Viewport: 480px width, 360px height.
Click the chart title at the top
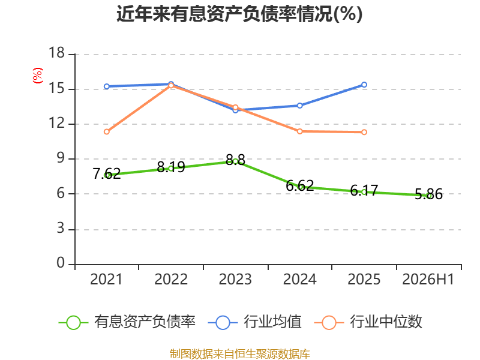coord(239,14)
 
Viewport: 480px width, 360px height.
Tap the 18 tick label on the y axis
coord(56,53)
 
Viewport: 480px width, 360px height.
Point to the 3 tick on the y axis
coord(61,229)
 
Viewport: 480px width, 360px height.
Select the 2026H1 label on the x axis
coord(428,279)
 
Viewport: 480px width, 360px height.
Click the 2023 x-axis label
coord(235,279)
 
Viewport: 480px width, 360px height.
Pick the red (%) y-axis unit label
coord(38,76)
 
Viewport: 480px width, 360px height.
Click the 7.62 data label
coord(107,173)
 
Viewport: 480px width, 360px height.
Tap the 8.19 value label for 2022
coord(171,167)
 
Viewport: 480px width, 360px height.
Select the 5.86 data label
coord(428,194)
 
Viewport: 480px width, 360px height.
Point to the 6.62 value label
coord(299,185)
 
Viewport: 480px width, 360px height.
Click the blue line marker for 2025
coord(364,85)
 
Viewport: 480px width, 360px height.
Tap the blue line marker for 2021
coord(107,86)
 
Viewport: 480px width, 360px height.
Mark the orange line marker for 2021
coord(107,131)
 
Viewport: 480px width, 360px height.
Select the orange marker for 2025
coord(364,132)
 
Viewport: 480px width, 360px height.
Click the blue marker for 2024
coord(299,106)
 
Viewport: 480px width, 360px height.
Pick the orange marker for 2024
coord(299,131)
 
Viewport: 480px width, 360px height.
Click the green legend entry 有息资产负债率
coord(127,322)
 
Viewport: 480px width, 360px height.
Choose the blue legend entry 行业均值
coord(254,322)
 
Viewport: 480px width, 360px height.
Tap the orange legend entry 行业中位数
coord(368,322)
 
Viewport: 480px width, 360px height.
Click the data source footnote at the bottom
coord(240,353)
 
